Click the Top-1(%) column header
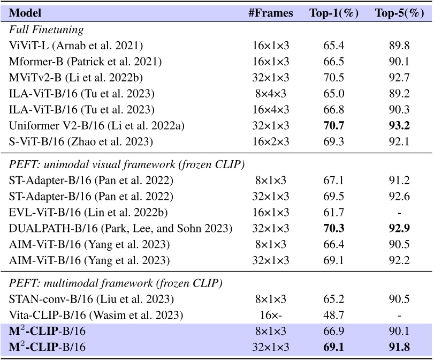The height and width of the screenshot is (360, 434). [334, 13]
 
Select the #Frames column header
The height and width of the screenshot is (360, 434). [275, 13]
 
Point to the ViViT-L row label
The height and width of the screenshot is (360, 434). [74, 47]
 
